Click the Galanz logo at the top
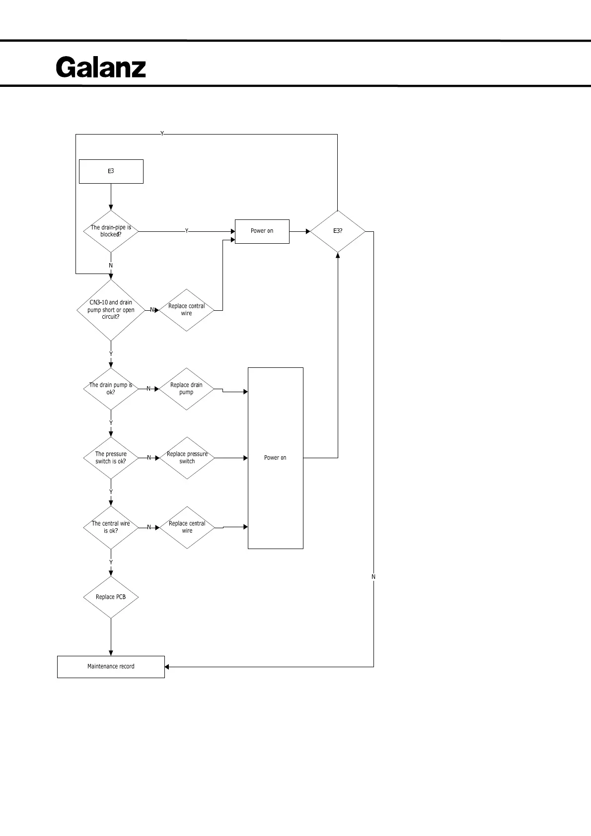[x=101, y=67]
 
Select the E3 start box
[x=111, y=171]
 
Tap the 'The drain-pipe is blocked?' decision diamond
[x=111, y=231]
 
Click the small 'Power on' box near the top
[x=262, y=231]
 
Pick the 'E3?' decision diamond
[x=338, y=231]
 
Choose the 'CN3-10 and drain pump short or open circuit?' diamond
[x=111, y=310]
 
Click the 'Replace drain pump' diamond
[x=186, y=389]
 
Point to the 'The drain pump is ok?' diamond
[x=111, y=389]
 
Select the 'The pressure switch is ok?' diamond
[x=111, y=458]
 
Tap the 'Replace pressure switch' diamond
[x=187, y=458]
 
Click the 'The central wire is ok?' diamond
[x=111, y=527]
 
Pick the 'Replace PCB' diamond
[x=111, y=597]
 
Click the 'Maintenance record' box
[x=111, y=667]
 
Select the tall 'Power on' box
[x=275, y=458]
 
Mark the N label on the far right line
[x=373, y=577]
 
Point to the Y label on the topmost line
[x=162, y=134]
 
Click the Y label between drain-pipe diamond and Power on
[x=187, y=231]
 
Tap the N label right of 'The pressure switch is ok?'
[x=149, y=458]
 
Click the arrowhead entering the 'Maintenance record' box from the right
[x=167, y=667]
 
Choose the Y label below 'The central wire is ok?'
[x=111, y=562]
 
